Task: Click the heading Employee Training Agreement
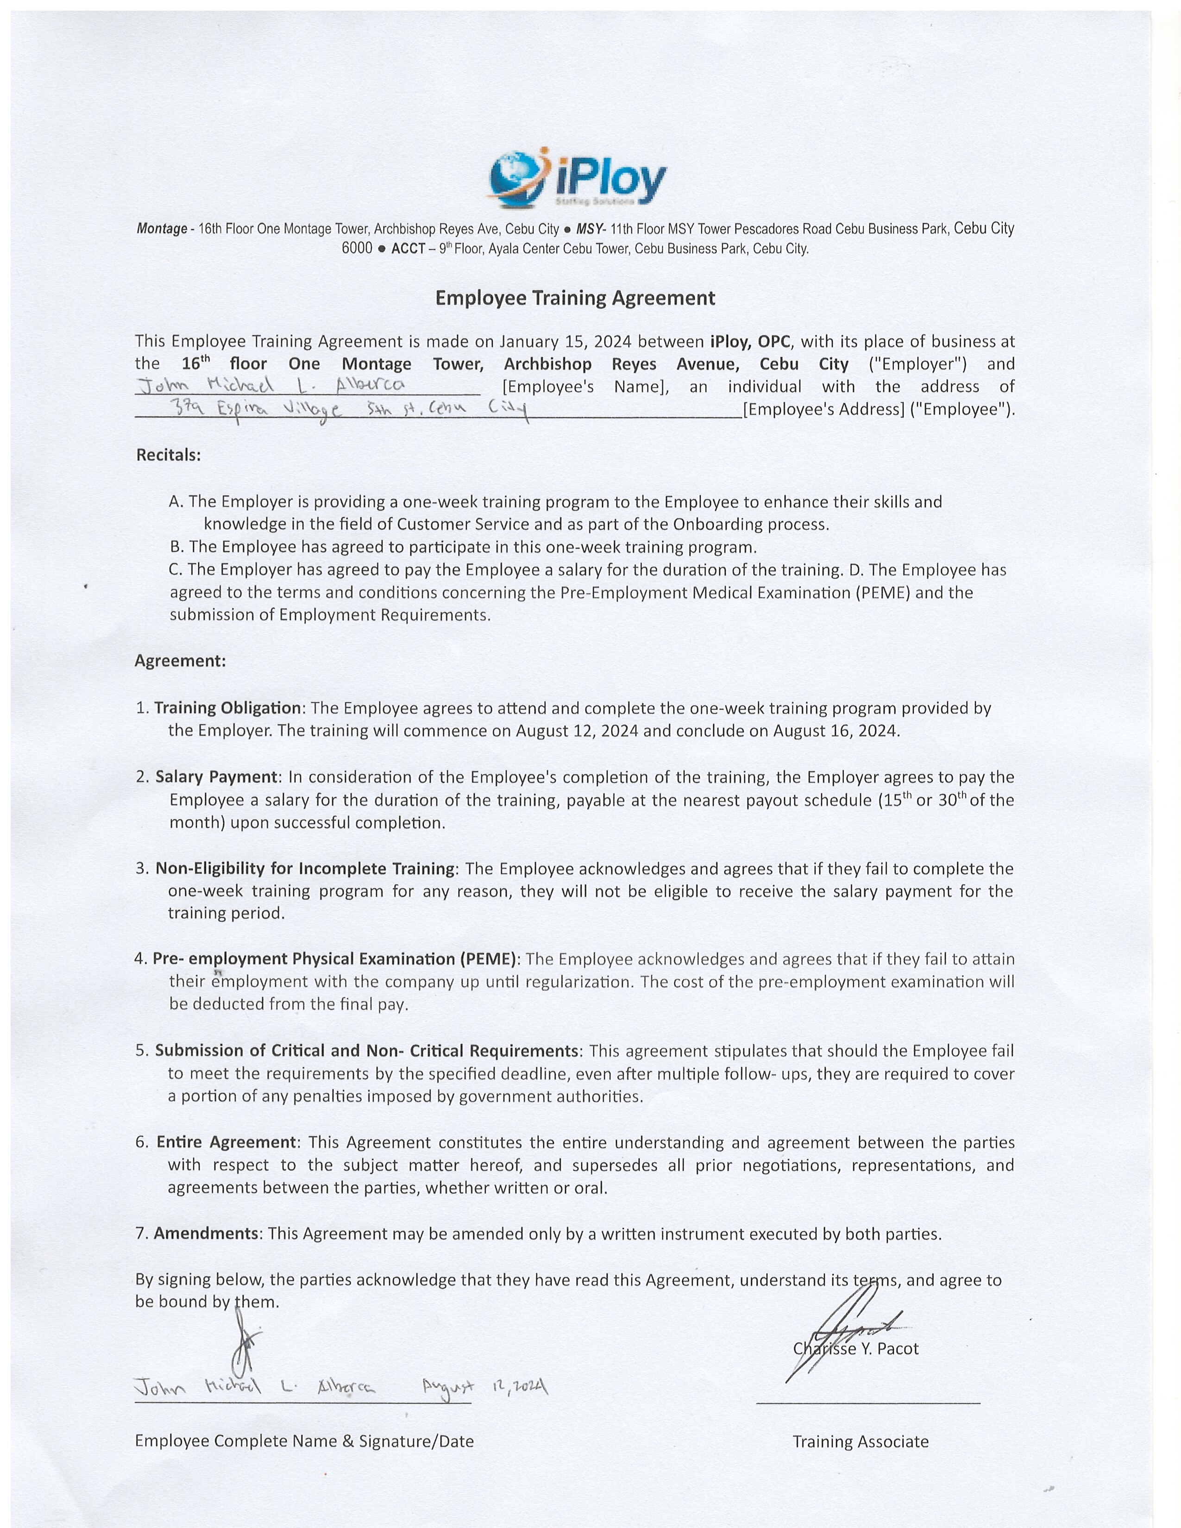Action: (575, 298)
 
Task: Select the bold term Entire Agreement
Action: (226, 1142)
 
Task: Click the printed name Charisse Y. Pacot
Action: (856, 1348)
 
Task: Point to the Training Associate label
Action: (861, 1441)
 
